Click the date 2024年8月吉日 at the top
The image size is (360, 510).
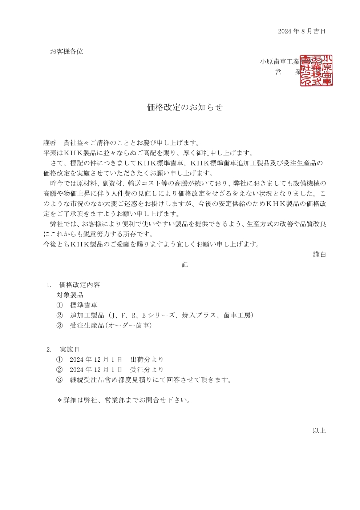tap(302, 31)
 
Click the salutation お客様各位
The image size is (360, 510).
tap(66, 52)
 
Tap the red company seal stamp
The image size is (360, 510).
tap(316, 71)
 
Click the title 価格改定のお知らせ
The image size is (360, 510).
tap(185, 107)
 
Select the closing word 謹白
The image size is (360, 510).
tap(319, 254)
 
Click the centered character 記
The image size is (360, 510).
tap(185, 265)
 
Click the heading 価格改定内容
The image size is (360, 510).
tap(80, 285)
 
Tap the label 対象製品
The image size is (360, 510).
tap(70, 295)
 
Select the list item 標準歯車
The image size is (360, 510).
tap(84, 305)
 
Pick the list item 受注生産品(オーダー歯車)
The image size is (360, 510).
tap(111, 326)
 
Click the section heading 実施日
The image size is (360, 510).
tap(69, 350)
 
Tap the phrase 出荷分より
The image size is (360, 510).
tap(147, 360)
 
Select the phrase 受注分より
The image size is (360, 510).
tap(147, 370)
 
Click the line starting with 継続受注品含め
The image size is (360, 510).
tap(150, 380)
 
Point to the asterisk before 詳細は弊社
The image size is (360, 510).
tap(60, 401)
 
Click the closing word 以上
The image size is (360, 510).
tap(319, 431)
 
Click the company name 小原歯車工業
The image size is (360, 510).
tap(279, 62)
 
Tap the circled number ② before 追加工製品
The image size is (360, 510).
tap(60, 316)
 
